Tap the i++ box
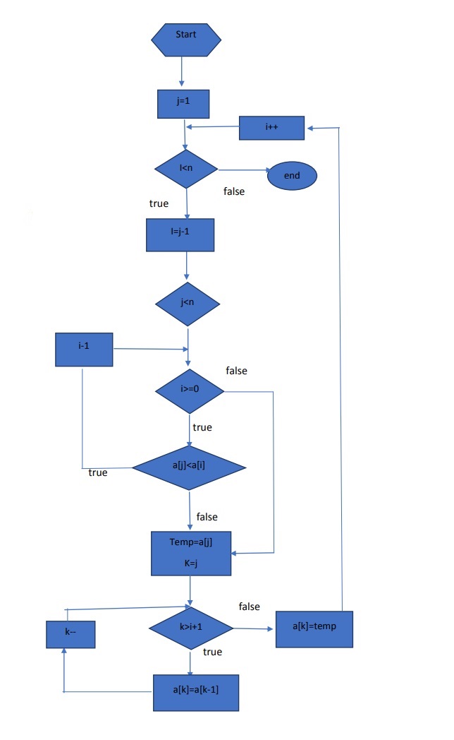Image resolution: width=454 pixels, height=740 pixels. coord(271,128)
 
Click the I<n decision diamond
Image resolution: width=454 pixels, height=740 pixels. coord(186,169)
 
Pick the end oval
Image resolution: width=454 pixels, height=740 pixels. coord(292,176)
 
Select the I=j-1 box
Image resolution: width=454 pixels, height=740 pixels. coord(180,235)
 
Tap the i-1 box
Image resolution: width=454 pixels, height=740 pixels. coord(84,350)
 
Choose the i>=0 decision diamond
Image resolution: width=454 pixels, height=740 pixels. coord(190,390)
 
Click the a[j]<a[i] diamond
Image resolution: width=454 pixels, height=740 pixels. coord(189,467)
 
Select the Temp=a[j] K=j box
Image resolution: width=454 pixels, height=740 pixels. coord(190,553)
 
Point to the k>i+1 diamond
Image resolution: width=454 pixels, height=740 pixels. coord(190,627)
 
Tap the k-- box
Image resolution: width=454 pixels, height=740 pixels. coord(70,633)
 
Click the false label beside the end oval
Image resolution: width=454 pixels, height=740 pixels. coord(234,191)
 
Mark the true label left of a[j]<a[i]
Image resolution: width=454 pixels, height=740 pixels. coord(98,472)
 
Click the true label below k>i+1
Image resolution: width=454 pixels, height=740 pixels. coord(212,652)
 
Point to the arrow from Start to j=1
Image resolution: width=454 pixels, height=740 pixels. coord(182,72)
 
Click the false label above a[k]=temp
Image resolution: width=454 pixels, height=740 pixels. coord(249,607)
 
